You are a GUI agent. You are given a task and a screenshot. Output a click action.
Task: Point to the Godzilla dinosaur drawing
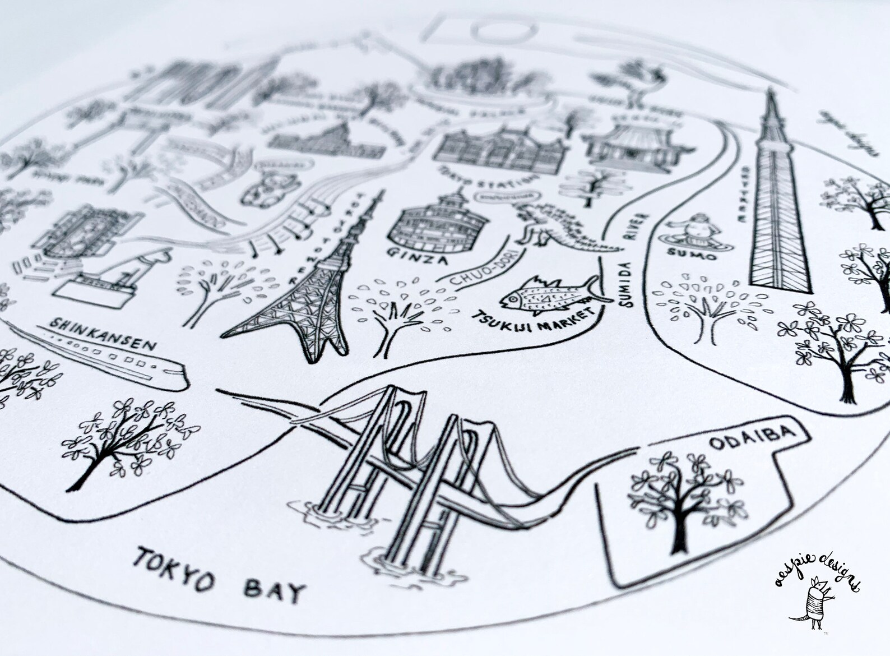(560, 230)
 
